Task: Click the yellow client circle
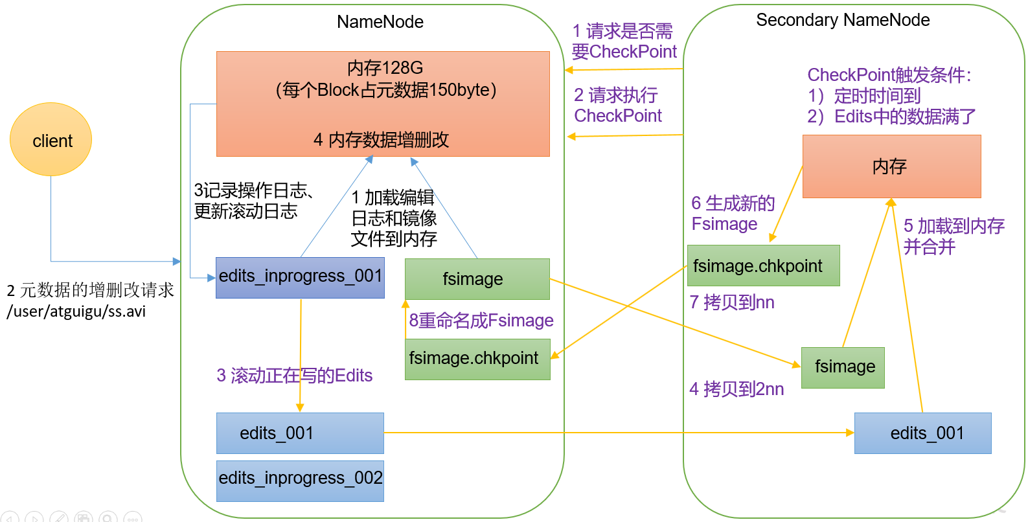[x=51, y=139]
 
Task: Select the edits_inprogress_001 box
[x=300, y=277]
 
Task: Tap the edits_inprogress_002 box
[x=300, y=480]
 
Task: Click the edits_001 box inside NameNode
[x=300, y=433]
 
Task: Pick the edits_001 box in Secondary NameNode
[x=922, y=433]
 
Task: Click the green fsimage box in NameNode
[x=477, y=279]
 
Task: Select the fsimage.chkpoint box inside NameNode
[x=477, y=359]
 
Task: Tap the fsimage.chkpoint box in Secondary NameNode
[x=763, y=266]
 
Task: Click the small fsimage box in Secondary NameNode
[x=843, y=367]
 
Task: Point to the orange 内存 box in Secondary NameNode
[x=891, y=166]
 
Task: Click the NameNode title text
[x=380, y=22]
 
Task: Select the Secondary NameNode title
[x=843, y=20]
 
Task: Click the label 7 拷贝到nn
[x=732, y=302]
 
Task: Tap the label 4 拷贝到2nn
[x=737, y=389]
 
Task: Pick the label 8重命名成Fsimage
[x=481, y=321]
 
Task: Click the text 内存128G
[x=385, y=68]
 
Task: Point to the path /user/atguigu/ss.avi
[x=76, y=312]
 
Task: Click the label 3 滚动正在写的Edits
[x=294, y=376]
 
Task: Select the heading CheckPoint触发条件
[x=889, y=75]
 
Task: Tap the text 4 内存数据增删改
[x=381, y=140]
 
